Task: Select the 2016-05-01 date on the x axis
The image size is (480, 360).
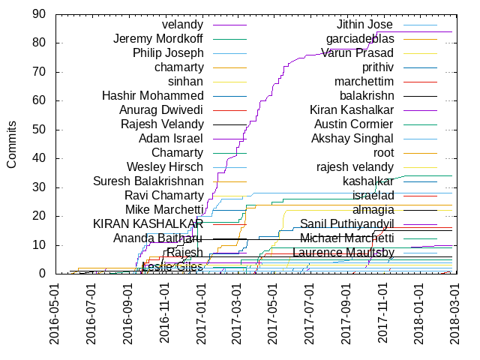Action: pos(56,313)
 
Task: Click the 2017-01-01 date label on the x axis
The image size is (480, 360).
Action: pos(202,313)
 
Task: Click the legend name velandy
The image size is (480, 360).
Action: pos(182,25)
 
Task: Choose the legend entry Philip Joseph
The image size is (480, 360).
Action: pos(168,53)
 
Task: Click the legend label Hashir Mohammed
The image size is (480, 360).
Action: pos(153,96)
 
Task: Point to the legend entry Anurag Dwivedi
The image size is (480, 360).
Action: pos(157,110)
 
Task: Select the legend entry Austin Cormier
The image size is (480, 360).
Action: pos(353,124)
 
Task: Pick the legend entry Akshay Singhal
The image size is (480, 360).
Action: pos(352,139)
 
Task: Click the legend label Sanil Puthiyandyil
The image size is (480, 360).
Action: pos(346,224)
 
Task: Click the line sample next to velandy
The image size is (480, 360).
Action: pos(229,25)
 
